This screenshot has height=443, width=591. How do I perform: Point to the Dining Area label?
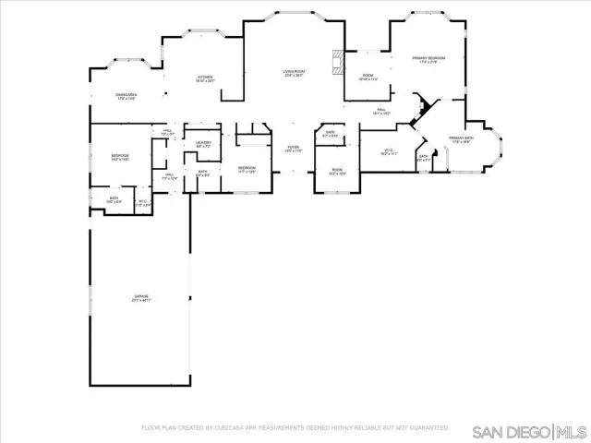[x=127, y=97]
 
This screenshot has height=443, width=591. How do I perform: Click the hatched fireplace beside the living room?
[x=340, y=62]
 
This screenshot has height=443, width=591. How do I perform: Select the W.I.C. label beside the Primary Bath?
[x=390, y=152]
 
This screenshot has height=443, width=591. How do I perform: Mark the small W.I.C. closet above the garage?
[x=143, y=203]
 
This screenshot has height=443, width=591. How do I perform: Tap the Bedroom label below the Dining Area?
[x=120, y=157]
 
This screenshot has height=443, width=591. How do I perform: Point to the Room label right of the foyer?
[x=337, y=172]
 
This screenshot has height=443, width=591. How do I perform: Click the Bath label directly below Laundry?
[x=202, y=173]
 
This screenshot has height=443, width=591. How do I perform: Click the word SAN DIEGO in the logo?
[x=511, y=432]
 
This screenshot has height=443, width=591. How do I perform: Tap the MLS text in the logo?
[x=571, y=432]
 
